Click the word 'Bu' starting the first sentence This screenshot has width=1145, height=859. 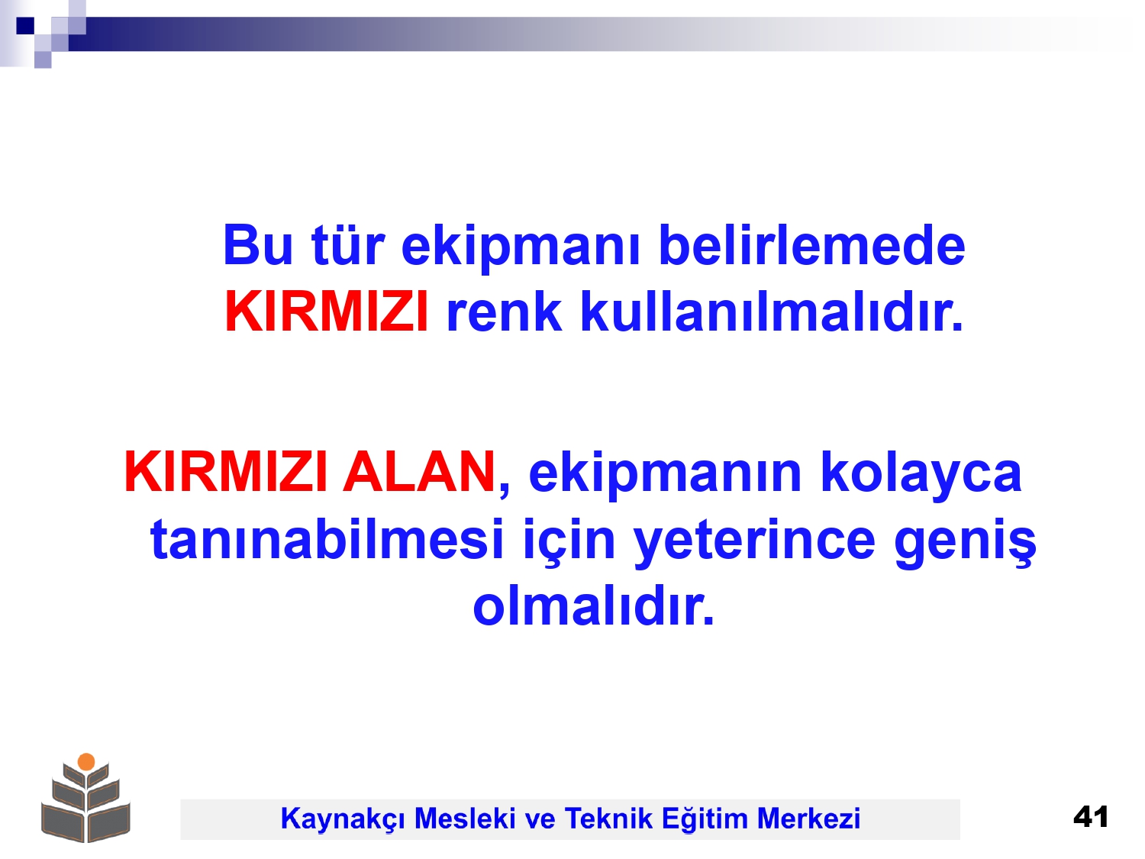(x=258, y=245)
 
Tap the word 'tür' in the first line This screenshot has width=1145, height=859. (x=348, y=244)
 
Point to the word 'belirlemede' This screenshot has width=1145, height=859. (x=811, y=244)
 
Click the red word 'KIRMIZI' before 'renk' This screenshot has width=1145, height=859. (x=327, y=312)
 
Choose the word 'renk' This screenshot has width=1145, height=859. (x=504, y=312)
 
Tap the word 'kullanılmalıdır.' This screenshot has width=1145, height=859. (x=771, y=312)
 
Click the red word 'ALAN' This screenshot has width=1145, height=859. (x=419, y=472)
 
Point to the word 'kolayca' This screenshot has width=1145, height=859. (x=921, y=476)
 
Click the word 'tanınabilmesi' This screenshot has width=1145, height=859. (x=327, y=539)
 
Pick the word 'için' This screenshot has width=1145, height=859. (x=569, y=543)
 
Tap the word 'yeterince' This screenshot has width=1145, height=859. (x=754, y=543)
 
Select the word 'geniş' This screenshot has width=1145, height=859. (x=965, y=543)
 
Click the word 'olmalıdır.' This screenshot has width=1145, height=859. (x=593, y=605)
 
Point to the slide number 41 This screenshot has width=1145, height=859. (x=1090, y=817)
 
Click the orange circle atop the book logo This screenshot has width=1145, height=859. (x=86, y=761)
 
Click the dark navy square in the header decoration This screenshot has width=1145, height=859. (x=25, y=25)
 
